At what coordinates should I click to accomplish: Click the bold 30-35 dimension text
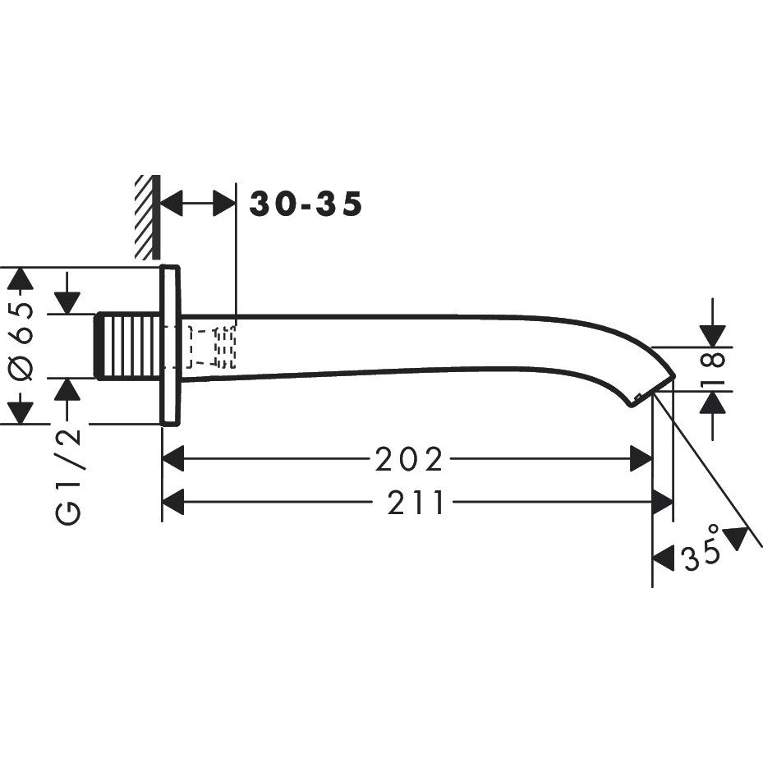306,204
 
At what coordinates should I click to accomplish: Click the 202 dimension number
409,461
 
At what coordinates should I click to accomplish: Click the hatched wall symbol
147,218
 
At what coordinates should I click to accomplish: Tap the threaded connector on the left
128,347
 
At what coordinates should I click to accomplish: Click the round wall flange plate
170,346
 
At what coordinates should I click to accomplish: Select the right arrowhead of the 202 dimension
641,461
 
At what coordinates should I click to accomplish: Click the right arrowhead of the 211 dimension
662,502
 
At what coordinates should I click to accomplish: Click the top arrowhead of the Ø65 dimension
20,278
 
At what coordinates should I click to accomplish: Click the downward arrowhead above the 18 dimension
714,336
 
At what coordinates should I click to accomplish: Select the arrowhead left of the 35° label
664,559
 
